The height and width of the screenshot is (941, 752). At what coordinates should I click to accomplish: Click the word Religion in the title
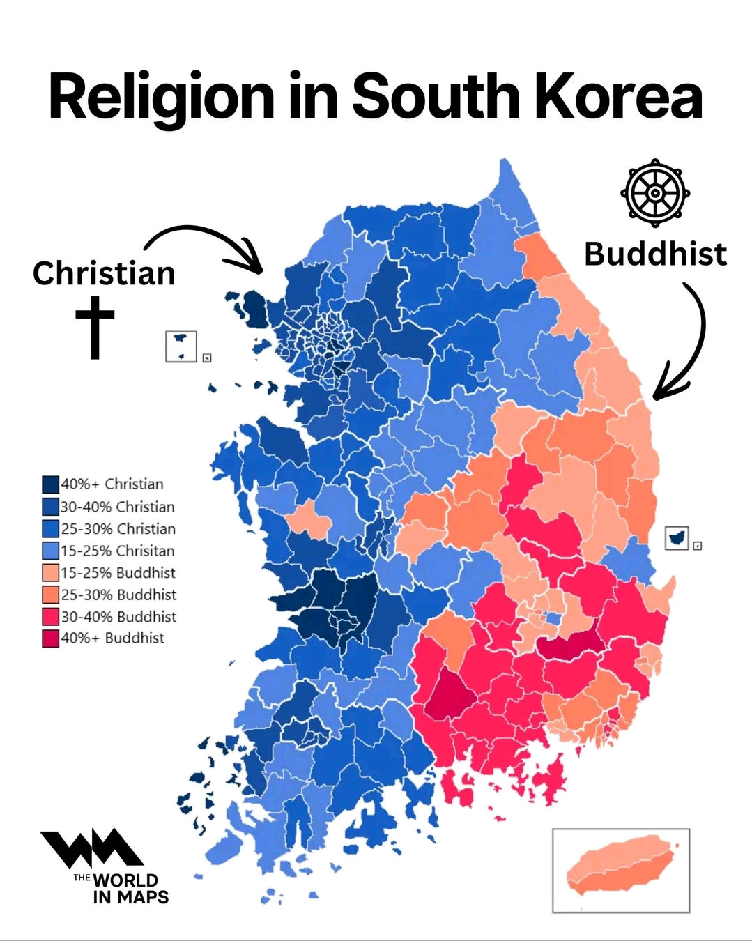pos(161,98)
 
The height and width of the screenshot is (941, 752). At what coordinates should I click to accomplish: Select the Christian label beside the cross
pos(104,273)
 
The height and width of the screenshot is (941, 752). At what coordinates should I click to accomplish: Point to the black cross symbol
pos(95,326)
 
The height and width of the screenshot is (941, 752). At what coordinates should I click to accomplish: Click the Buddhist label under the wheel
pos(655,254)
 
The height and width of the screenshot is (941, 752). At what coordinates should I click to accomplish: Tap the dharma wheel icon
pos(655,192)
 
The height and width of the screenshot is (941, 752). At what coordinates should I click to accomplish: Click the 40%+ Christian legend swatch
pos(50,484)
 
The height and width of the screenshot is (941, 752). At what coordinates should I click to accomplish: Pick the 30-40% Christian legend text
pos(117,507)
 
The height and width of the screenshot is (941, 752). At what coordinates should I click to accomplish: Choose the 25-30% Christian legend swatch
pos(50,529)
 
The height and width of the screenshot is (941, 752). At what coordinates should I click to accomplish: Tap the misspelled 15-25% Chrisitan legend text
pos(117,551)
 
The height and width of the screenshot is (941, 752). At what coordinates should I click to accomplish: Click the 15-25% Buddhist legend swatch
pos(50,573)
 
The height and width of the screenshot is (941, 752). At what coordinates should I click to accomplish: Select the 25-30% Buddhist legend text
pos(118,595)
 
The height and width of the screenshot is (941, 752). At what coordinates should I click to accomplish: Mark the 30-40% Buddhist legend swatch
pos(50,617)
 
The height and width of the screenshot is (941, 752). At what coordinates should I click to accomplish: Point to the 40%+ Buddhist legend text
pos(113,638)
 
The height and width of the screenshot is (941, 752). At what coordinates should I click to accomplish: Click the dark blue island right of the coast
pos(676,537)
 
